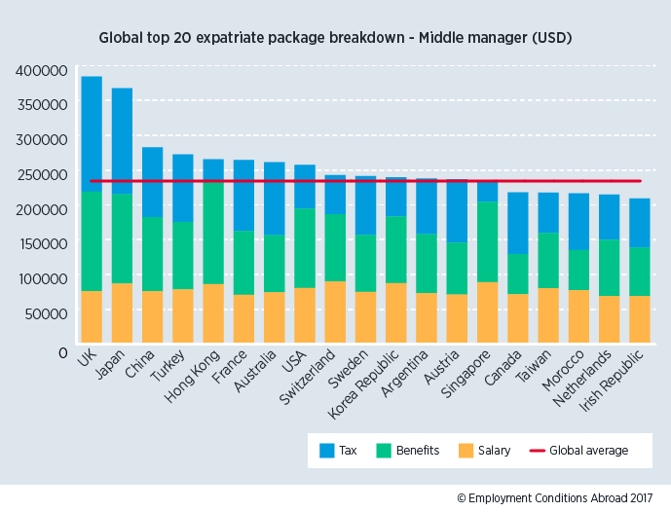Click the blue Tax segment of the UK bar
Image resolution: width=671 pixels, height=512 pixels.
pyautogui.click(x=92, y=133)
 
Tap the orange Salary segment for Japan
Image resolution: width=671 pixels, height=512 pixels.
pyautogui.click(x=122, y=316)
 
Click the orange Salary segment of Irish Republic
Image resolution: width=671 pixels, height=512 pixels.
pyautogui.click(x=640, y=322)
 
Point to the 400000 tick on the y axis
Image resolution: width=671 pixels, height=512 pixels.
pyautogui.click(x=42, y=70)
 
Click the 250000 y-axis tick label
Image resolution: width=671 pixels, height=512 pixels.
pyautogui.click(x=42, y=174)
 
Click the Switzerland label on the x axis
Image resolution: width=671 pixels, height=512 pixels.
pyautogui.click(x=320, y=383)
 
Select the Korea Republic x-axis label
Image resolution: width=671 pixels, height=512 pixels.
pyautogui.click(x=376, y=389)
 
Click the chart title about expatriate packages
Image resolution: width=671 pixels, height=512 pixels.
pyautogui.click(x=335, y=38)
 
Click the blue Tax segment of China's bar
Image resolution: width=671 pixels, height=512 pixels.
pyautogui.click(x=153, y=182)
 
